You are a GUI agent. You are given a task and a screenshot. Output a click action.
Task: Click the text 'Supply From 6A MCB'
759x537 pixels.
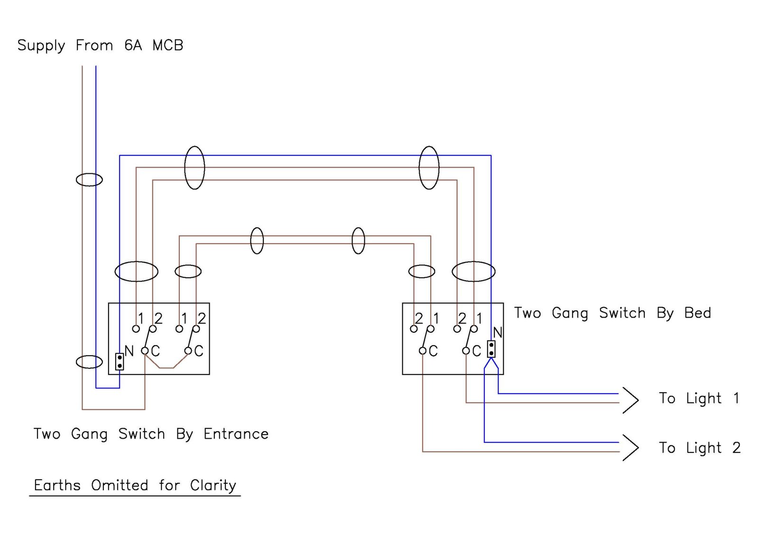pos(100,46)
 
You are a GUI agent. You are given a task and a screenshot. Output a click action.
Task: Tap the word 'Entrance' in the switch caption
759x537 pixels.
pos(236,434)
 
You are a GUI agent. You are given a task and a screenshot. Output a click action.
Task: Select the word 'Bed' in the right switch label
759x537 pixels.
pos(697,313)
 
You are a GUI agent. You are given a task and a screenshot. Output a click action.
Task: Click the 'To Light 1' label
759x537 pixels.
pos(698,398)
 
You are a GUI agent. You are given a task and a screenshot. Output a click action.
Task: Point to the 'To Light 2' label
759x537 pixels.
pos(699,448)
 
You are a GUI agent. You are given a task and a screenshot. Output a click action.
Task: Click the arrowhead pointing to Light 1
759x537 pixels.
pos(631,400)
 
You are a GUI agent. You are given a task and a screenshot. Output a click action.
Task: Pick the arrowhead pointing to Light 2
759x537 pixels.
pos(631,448)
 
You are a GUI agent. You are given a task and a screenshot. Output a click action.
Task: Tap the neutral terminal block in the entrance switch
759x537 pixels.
pos(120,361)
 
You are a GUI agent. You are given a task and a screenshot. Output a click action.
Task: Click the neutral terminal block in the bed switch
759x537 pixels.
pos(491,349)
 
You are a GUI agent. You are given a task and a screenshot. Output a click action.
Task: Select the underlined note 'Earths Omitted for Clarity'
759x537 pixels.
pos(135,486)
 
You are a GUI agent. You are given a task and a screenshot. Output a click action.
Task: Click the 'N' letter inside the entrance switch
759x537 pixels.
pos(129,351)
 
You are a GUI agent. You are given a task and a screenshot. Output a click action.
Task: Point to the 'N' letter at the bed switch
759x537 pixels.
pos(497,332)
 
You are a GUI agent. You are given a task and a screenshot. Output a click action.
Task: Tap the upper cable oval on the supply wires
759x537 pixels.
pos(89,180)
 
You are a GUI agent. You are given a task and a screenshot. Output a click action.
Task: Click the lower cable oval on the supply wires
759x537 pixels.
pos(89,362)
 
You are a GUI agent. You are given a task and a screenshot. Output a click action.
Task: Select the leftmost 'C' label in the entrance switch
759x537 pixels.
pos(156,351)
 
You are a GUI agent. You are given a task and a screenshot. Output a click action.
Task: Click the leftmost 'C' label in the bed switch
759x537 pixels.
pos(433,351)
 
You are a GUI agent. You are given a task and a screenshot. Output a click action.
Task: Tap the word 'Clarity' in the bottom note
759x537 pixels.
pos(213,486)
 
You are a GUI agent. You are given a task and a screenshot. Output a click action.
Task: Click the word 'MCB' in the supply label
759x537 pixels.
pos(167,46)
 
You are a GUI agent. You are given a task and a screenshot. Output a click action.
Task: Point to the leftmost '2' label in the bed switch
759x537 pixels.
pos(419,318)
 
